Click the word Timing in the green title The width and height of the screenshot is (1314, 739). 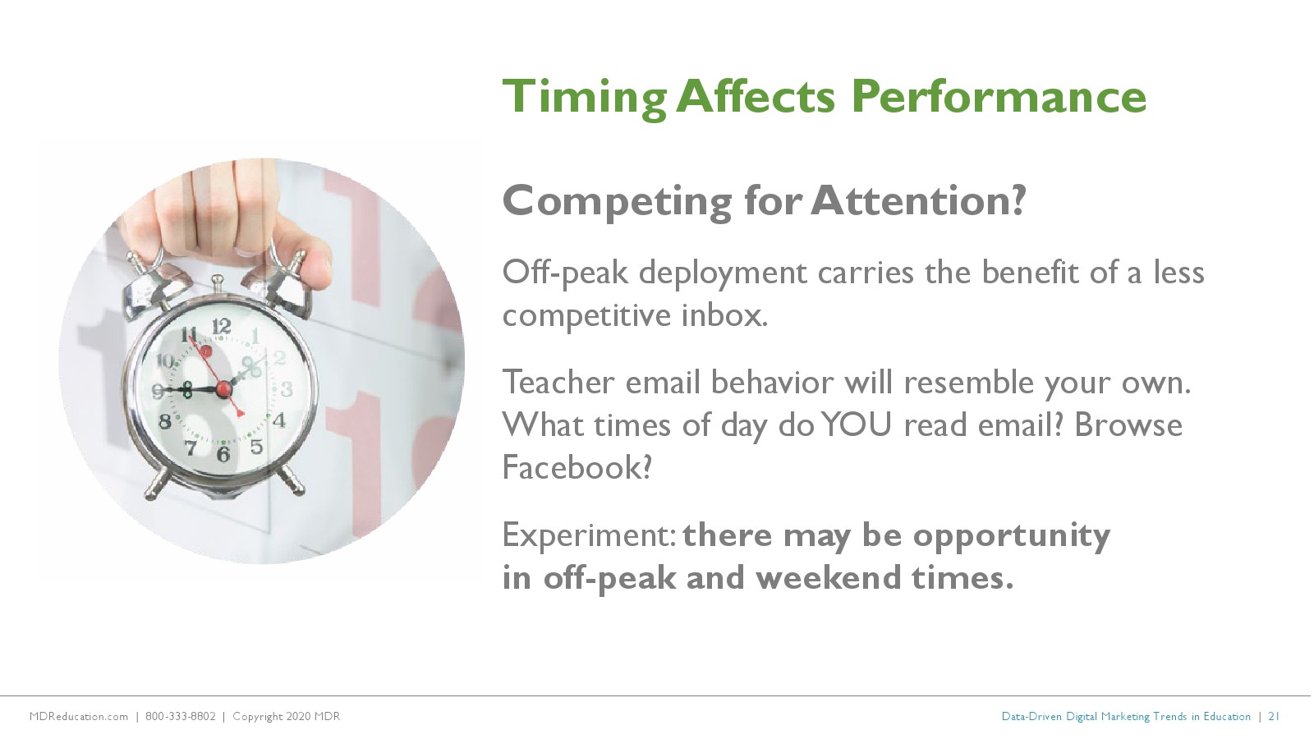click(584, 99)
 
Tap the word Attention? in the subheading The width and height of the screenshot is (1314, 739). click(919, 200)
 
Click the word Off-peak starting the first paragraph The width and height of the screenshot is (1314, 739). click(565, 273)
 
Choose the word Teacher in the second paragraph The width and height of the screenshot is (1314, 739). click(558, 382)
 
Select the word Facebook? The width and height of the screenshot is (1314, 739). click(577, 467)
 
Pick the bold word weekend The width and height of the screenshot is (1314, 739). click(827, 577)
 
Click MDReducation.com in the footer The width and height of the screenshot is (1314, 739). click(79, 716)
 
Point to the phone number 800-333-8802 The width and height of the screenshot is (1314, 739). click(180, 716)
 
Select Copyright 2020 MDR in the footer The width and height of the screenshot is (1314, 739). click(287, 716)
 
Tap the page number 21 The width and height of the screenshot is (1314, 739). click(1274, 716)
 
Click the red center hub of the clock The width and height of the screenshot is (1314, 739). click(223, 389)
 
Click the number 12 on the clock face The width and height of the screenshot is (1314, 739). click(221, 326)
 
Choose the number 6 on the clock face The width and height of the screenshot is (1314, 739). click(223, 453)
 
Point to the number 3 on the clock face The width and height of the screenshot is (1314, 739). click(287, 389)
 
